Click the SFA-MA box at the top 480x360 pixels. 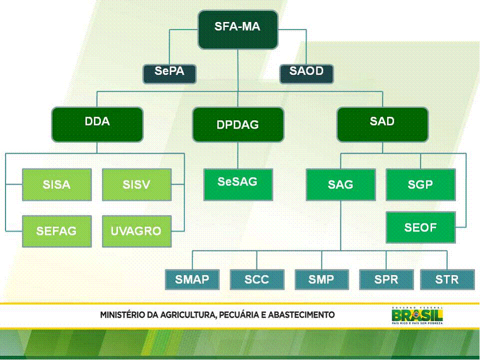(x=238, y=29)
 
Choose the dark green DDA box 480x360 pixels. (x=97, y=124)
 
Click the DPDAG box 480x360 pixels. (x=238, y=125)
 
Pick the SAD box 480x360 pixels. (x=382, y=124)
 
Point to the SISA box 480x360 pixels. (x=57, y=184)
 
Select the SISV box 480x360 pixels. (x=136, y=184)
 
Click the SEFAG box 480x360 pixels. (x=57, y=231)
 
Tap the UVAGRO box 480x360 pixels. (x=136, y=231)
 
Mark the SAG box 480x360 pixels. (x=340, y=184)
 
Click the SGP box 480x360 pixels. (x=420, y=184)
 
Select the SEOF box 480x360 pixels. (x=420, y=227)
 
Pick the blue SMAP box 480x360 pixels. (x=192, y=279)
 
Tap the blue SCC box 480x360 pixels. (x=257, y=279)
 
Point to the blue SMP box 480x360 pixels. (x=321, y=279)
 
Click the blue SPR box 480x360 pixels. (x=386, y=279)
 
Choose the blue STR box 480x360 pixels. (x=447, y=279)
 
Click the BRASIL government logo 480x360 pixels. (x=417, y=315)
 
